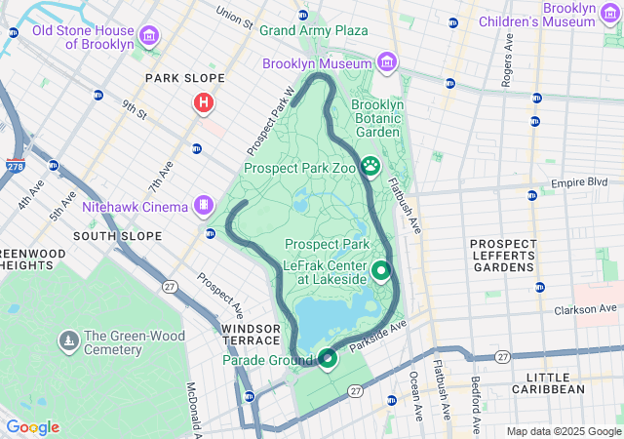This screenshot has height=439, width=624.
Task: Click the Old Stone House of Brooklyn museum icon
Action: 149,37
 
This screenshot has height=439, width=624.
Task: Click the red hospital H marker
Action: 203,102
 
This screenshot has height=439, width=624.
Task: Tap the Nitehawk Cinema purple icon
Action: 203,206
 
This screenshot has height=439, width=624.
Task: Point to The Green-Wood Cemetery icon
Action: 68,341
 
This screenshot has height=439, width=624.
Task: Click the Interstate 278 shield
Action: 16,167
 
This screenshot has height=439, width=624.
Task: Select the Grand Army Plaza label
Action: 313,30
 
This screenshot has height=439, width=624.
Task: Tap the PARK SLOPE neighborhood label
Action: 184,78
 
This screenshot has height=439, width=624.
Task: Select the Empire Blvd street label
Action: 579,182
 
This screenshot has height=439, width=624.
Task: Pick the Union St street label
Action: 234,17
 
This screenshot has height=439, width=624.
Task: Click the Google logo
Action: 32,427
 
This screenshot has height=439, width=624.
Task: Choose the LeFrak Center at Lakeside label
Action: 324,271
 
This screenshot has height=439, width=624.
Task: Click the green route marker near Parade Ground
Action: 328,359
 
